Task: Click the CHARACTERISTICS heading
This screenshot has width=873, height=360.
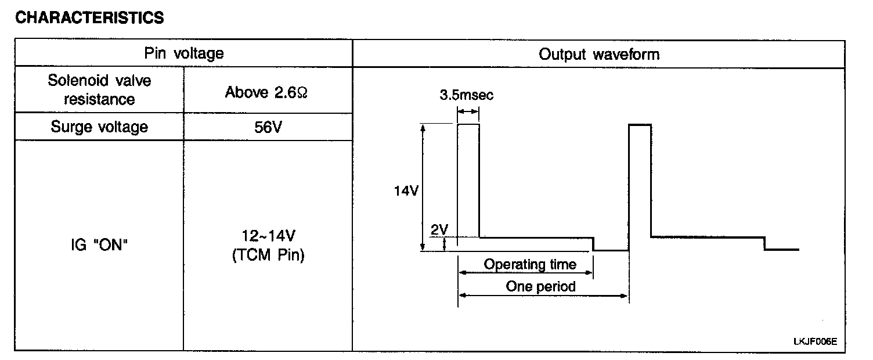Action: click(x=89, y=18)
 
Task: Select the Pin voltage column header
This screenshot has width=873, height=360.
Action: click(x=183, y=54)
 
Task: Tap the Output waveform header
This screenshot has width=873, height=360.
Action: click(x=599, y=55)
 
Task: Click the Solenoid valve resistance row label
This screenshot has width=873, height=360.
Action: click(x=99, y=90)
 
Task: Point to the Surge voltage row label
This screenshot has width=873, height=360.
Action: click(x=99, y=127)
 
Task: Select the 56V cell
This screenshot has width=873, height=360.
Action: click(x=268, y=128)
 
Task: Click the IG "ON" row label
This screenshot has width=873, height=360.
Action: click(x=98, y=246)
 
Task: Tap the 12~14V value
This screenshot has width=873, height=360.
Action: click(x=268, y=237)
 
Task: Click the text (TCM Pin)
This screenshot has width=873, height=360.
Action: click(x=268, y=255)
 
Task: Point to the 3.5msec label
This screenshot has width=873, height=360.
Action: click(x=467, y=95)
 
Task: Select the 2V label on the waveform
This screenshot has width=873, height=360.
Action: click(x=439, y=229)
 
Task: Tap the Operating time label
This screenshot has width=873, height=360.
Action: click(x=530, y=265)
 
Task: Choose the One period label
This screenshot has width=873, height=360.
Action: click(x=540, y=286)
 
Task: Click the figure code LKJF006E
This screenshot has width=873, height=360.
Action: click(x=815, y=341)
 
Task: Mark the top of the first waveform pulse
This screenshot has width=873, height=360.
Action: click(x=468, y=124)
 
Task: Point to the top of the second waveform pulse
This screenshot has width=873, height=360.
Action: click(x=640, y=124)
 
